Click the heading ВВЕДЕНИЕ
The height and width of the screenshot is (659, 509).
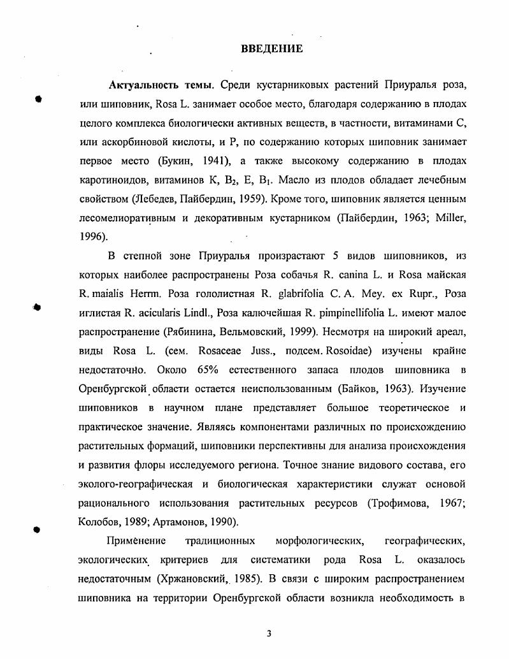272,49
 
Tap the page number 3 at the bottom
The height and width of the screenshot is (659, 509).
269,634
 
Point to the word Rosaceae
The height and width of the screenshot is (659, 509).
222,351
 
